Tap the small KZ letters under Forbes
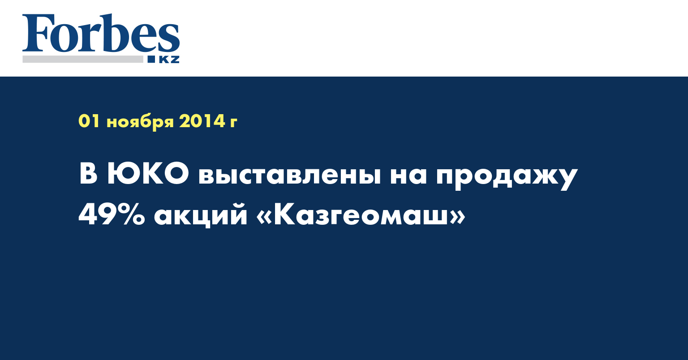coord(169,59)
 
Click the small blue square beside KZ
coord(151,59)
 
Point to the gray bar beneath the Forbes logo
coord(82,59)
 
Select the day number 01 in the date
coord(89,121)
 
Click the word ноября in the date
coord(140,122)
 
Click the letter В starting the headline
coord(88,174)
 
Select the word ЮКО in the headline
coord(148,174)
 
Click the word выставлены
coord(290,176)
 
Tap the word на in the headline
coord(408,176)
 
